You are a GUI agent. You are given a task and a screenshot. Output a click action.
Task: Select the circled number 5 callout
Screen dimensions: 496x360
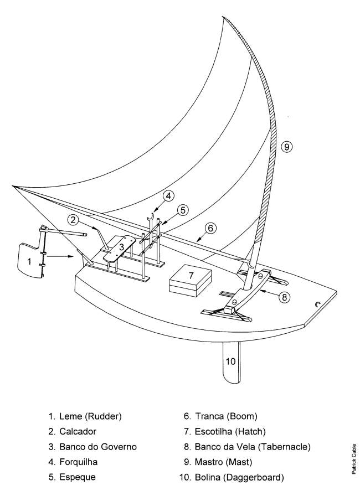(x=183, y=209)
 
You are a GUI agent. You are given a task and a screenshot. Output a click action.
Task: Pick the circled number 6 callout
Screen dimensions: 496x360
(x=210, y=226)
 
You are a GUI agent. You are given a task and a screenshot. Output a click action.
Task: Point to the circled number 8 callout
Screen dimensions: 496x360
(x=284, y=297)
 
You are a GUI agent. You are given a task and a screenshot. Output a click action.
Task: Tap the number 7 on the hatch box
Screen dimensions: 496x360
(x=190, y=275)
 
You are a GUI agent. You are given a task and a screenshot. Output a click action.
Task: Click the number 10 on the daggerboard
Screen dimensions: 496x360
(x=230, y=361)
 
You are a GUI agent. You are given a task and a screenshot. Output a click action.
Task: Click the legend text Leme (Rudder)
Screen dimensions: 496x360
(x=84, y=416)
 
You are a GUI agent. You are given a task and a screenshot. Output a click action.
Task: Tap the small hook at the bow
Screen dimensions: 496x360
(x=318, y=303)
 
